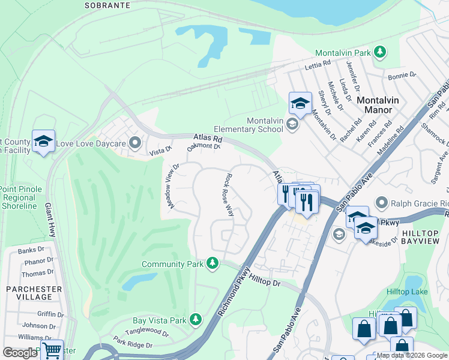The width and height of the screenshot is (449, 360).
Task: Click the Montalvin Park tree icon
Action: click(x=379, y=53)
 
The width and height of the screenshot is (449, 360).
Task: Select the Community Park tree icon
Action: click(x=212, y=263)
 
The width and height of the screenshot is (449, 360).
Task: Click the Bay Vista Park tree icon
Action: click(x=195, y=320)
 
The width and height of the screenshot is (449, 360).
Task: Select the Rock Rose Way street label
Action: click(x=229, y=196)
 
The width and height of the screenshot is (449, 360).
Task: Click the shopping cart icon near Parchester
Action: click(x=52, y=349)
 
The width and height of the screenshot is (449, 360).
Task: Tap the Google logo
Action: click(x=20, y=353)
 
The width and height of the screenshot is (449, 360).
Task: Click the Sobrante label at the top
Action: click(x=107, y=5)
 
